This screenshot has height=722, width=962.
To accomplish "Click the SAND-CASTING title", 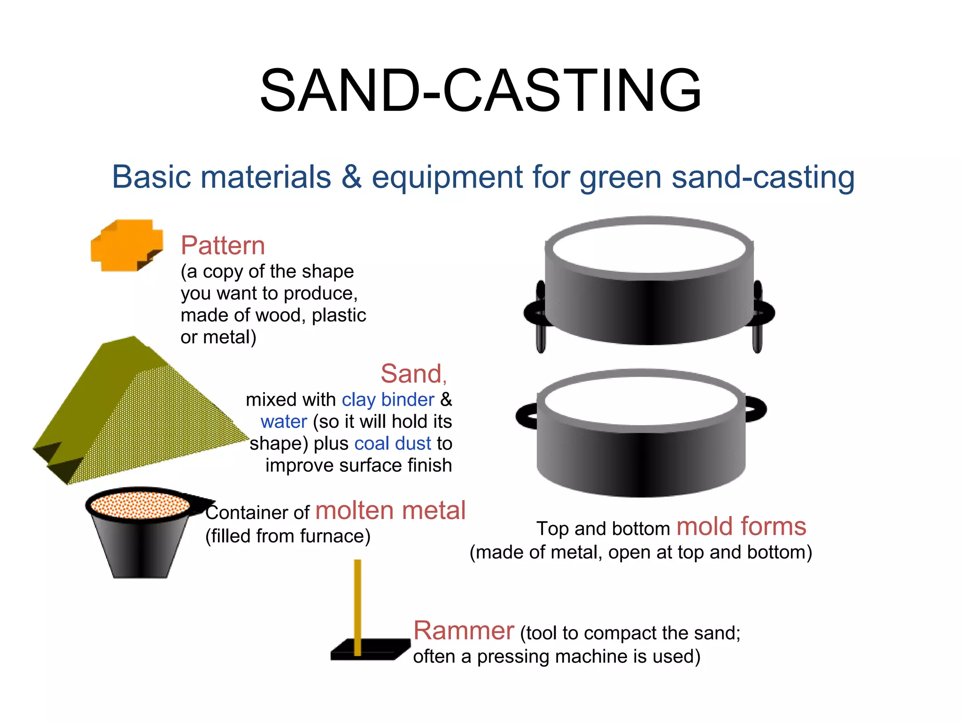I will (481, 90).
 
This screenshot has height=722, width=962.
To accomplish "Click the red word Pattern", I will (223, 245).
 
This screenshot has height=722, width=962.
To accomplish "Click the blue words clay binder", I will (388, 400).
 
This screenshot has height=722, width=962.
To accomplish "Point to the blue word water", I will (284, 422).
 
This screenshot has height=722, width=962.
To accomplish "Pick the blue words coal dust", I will (393, 443).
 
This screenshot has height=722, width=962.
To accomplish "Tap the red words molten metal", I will (390, 511).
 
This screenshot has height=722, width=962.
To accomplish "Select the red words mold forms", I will (741, 526).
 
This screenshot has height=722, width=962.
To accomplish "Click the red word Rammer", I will (464, 631).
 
